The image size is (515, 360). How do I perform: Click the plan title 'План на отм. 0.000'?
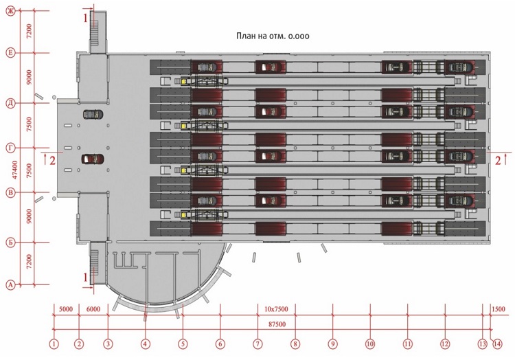coord(273,36)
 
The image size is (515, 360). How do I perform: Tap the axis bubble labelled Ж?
coord(11,11)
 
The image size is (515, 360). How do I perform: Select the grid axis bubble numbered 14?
coord(497,344)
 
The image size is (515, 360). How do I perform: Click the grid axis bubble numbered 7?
coord(257,344)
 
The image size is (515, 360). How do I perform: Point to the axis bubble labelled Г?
coord(11,148)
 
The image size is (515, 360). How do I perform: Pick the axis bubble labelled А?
coord(11,285)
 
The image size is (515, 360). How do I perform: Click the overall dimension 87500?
coord(277,324)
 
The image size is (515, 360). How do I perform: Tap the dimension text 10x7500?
coord(276,309)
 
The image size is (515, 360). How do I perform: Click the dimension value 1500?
coord(499,309)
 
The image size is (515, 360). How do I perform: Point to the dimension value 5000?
coord(66,309)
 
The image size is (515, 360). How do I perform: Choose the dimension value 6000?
coord(93,309)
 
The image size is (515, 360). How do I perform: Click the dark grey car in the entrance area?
coord(93,114)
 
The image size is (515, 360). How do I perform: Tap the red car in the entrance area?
coord(93,159)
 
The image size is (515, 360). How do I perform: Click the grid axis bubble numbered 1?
coord(54,344)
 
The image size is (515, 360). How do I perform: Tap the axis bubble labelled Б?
coord(11,243)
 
